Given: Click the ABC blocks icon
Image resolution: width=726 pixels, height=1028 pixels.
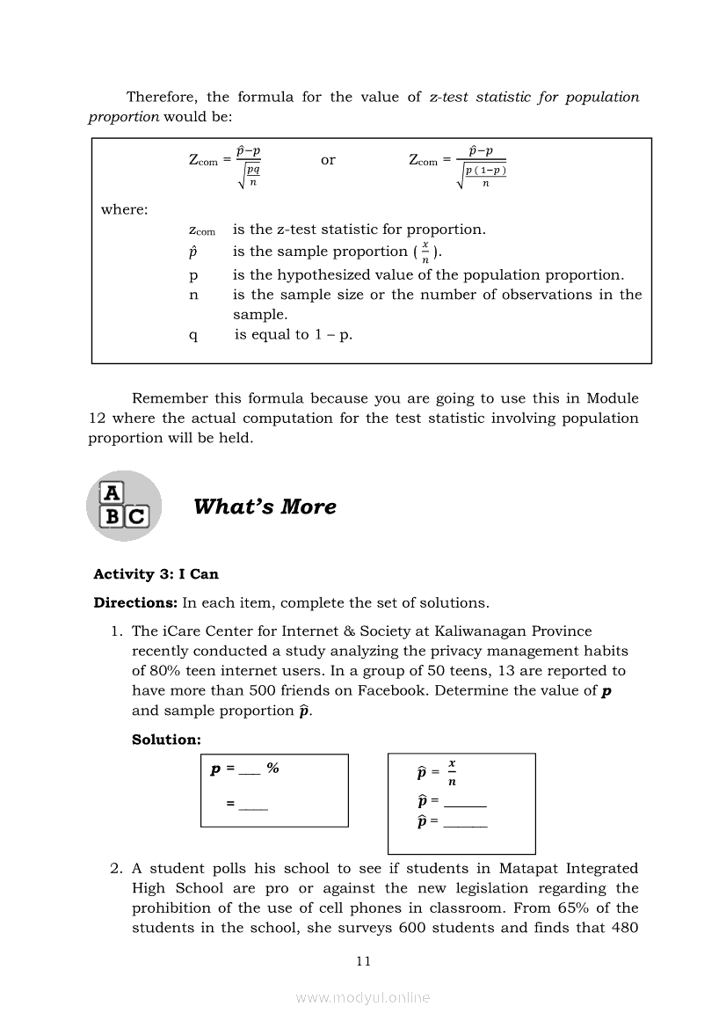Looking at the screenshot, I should click(124, 506).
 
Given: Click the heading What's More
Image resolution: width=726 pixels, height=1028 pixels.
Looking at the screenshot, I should click(265, 507).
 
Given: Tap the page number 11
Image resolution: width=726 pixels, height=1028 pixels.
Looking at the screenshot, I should click(364, 961).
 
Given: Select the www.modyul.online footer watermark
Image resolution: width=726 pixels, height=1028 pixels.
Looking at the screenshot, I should click(363, 997).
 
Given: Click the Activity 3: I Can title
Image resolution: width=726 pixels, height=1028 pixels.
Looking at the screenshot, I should click(156, 574).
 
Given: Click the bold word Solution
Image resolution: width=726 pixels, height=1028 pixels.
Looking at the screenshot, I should click(166, 740).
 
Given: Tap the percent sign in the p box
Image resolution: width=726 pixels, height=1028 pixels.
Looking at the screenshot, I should click(273, 769).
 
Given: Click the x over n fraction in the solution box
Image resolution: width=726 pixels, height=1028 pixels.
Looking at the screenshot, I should click(452, 772).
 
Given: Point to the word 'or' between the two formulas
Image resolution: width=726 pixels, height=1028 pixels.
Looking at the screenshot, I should click(328, 160).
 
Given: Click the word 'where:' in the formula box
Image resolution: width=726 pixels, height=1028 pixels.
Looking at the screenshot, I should click(124, 209).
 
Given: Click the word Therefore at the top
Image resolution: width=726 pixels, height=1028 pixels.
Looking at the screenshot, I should click(163, 97).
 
